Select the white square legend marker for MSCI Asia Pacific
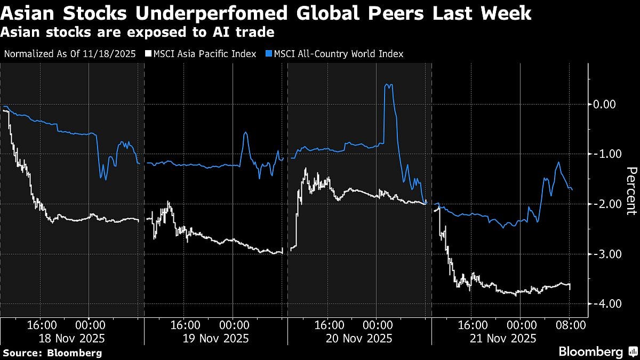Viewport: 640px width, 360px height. (149, 54)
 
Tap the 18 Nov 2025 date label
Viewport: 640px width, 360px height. (72, 338)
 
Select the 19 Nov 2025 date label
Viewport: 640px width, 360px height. (216, 338)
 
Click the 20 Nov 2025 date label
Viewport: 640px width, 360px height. (360, 338)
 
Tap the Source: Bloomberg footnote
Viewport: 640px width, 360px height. (52, 353)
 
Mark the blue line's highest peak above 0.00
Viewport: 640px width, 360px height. (389, 85)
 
